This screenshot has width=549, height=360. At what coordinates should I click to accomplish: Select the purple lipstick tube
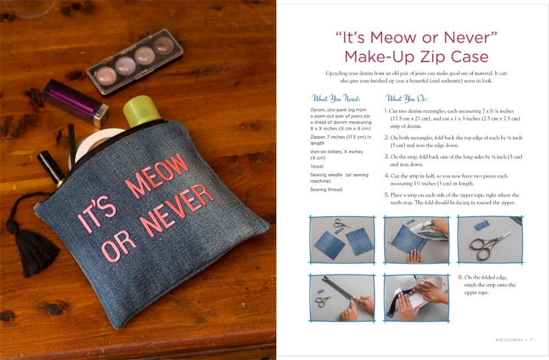75,103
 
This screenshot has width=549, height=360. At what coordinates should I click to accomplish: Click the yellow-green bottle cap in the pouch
141,110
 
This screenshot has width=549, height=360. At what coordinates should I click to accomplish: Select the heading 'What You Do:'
406,99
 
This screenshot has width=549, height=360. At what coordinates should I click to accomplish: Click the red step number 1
386,111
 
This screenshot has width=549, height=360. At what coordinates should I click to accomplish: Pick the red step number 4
386,176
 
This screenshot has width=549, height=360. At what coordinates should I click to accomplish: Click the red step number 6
461,277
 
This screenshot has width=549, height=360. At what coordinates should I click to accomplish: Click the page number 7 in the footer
531,340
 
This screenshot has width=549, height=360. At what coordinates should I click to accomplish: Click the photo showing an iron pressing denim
416,240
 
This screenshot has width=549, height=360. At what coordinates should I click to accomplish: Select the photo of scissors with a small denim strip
490,240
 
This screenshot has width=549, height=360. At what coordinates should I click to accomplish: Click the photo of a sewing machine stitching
416,297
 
